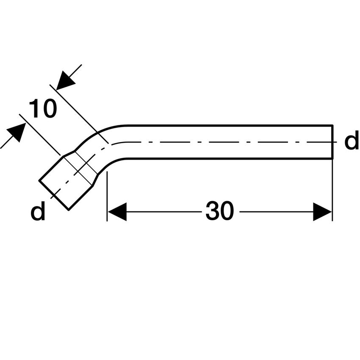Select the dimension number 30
tap(219, 211)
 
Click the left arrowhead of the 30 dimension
tap(117, 211)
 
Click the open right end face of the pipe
tap(332, 142)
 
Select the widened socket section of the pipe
tap(68, 180)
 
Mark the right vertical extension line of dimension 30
tap(332, 191)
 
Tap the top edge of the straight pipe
tap(229, 125)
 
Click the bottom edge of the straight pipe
tap(229, 158)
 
